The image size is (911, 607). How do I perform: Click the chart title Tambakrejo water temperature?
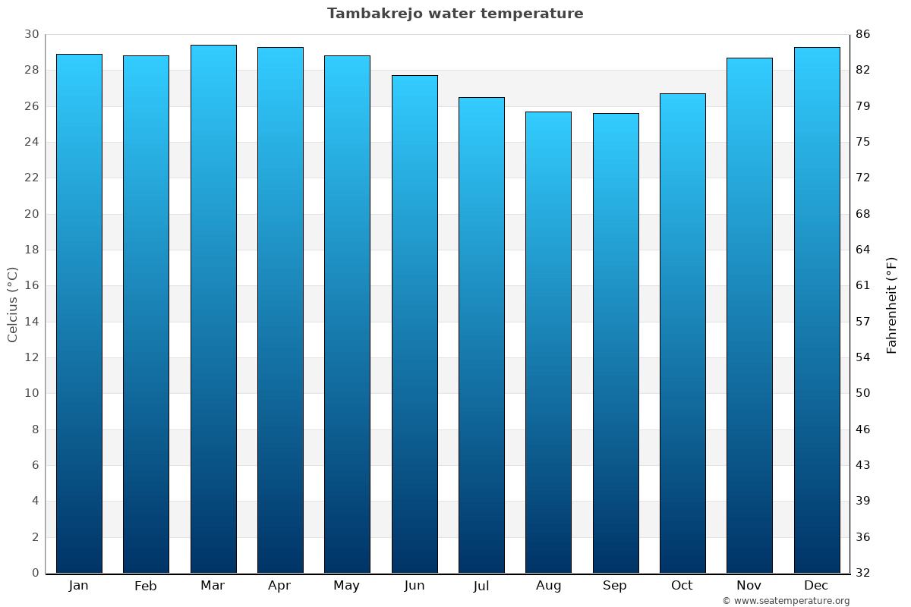[455, 14]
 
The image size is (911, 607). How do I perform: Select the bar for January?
[79, 313]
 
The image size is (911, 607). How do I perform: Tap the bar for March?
[213, 309]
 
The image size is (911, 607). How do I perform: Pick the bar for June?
[415, 324]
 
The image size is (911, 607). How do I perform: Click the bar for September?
[616, 343]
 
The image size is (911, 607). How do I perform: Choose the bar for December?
[817, 310]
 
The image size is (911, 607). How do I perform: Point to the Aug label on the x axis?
[548, 586]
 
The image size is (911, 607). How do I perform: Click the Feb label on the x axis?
[146, 586]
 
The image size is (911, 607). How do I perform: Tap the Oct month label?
[682, 586]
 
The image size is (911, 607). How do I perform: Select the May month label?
[347, 586]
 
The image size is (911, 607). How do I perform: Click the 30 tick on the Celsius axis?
[32, 34]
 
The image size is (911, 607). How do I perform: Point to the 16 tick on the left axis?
[32, 285]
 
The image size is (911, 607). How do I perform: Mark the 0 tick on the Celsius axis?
[35, 573]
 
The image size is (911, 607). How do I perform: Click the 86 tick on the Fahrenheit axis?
[863, 34]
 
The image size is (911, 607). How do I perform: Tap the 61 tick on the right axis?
[862, 285]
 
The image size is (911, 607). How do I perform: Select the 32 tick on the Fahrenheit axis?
[863, 573]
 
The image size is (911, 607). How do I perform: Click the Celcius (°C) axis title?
[13, 303]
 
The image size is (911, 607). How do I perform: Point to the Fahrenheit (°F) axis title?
[892, 304]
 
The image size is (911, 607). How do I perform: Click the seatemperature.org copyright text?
[786, 601]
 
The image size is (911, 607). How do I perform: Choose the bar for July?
[481, 335]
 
